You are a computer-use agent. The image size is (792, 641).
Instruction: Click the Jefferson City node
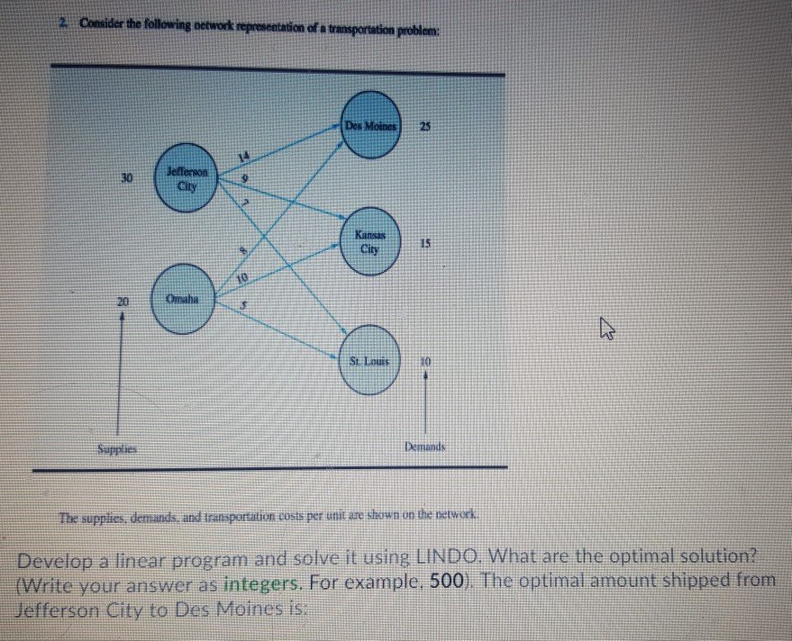(x=191, y=182)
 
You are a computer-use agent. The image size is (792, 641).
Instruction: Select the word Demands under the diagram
(x=426, y=447)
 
